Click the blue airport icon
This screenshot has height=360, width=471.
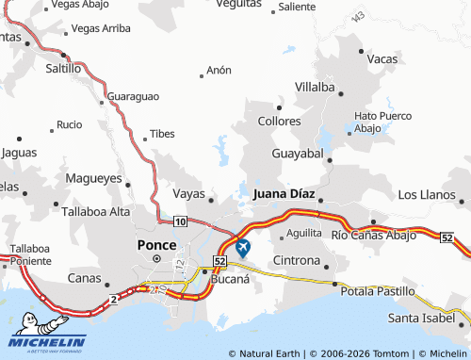point(243,248)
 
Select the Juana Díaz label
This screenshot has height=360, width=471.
point(284,193)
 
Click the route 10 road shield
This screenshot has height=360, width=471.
point(180,221)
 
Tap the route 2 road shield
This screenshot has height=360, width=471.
point(113,299)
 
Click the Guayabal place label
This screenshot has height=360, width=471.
point(297,153)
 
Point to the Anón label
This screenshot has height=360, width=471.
point(219,71)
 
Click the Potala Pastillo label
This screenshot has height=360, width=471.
point(378,293)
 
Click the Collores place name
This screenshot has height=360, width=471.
point(279,122)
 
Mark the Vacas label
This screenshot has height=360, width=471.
point(382,58)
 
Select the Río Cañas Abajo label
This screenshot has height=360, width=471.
point(373,235)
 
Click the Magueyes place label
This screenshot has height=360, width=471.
point(93,177)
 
